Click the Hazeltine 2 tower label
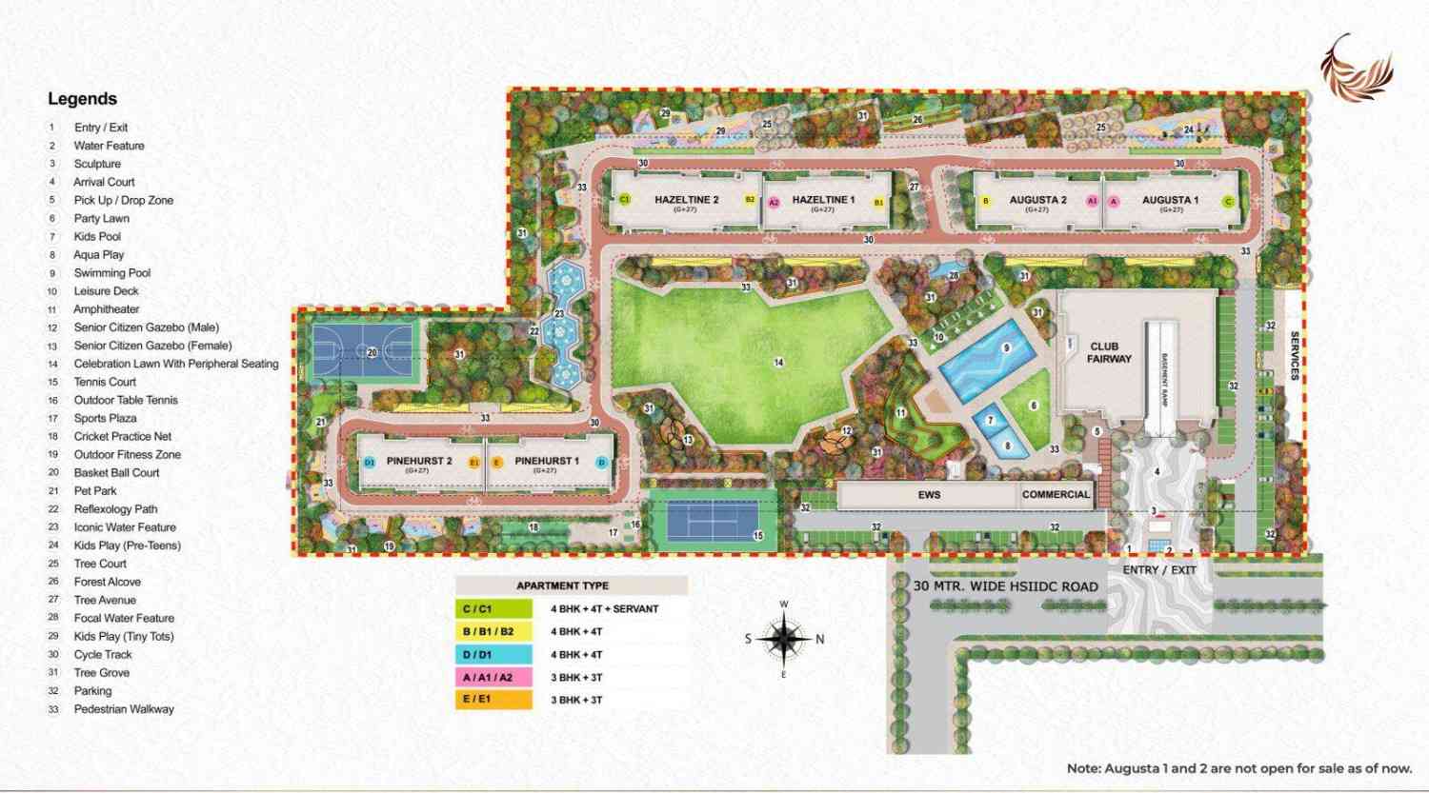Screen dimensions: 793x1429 point(686,200)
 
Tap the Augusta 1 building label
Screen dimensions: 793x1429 point(1170,200)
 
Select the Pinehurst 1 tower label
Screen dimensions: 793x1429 point(546,461)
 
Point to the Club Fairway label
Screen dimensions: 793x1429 point(1109,352)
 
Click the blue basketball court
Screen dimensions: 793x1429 point(362,350)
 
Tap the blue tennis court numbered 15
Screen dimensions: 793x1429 point(713,521)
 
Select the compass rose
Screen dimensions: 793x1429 point(783,639)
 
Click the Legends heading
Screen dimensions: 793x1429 point(82,99)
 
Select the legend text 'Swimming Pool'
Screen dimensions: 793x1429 point(112,273)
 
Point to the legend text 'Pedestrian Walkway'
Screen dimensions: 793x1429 point(124,709)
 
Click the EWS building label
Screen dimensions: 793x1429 point(929,495)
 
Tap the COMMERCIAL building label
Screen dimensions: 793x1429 point(1056,495)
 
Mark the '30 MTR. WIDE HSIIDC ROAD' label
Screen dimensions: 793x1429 point(1005,586)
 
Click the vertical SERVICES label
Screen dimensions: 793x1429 point(1295,356)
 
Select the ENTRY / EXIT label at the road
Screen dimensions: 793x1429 point(1158,570)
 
